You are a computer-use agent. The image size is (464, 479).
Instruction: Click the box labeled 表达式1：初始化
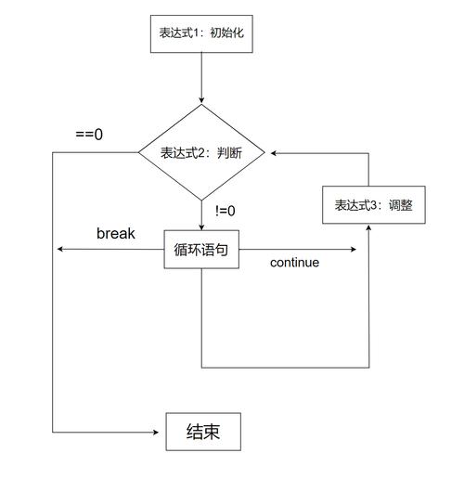pyautogui.click(x=200, y=35)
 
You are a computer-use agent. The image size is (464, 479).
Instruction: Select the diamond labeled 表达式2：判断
pyautogui.click(x=201, y=153)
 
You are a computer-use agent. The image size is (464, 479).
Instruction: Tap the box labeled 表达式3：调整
pyautogui.click(x=368, y=204)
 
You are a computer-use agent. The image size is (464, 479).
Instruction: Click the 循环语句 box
pyautogui.click(x=201, y=250)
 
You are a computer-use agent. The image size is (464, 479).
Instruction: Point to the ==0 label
pyautogui.click(x=89, y=135)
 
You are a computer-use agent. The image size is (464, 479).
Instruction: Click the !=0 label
pyautogui.click(x=225, y=211)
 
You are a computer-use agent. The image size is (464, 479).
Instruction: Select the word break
pyautogui.click(x=116, y=233)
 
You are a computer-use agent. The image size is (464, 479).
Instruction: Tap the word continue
pyautogui.click(x=294, y=263)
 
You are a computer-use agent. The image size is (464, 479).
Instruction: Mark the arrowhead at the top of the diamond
pyautogui.click(x=201, y=100)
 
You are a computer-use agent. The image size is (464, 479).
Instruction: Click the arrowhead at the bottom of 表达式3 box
pyautogui.click(x=368, y=228)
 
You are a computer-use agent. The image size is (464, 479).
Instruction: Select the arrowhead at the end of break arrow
pyautogui.click(x=59, y=249)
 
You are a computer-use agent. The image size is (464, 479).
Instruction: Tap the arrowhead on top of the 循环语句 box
pyautogui.click(x=201, y=226)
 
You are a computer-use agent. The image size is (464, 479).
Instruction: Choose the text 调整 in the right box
pyautogui.click(x=395, y=204)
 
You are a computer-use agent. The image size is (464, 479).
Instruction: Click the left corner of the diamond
pyautogui.click(x=139, y=153)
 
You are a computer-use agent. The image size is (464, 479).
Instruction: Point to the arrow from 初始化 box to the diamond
pyautogui.click(x=201, y=79)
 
